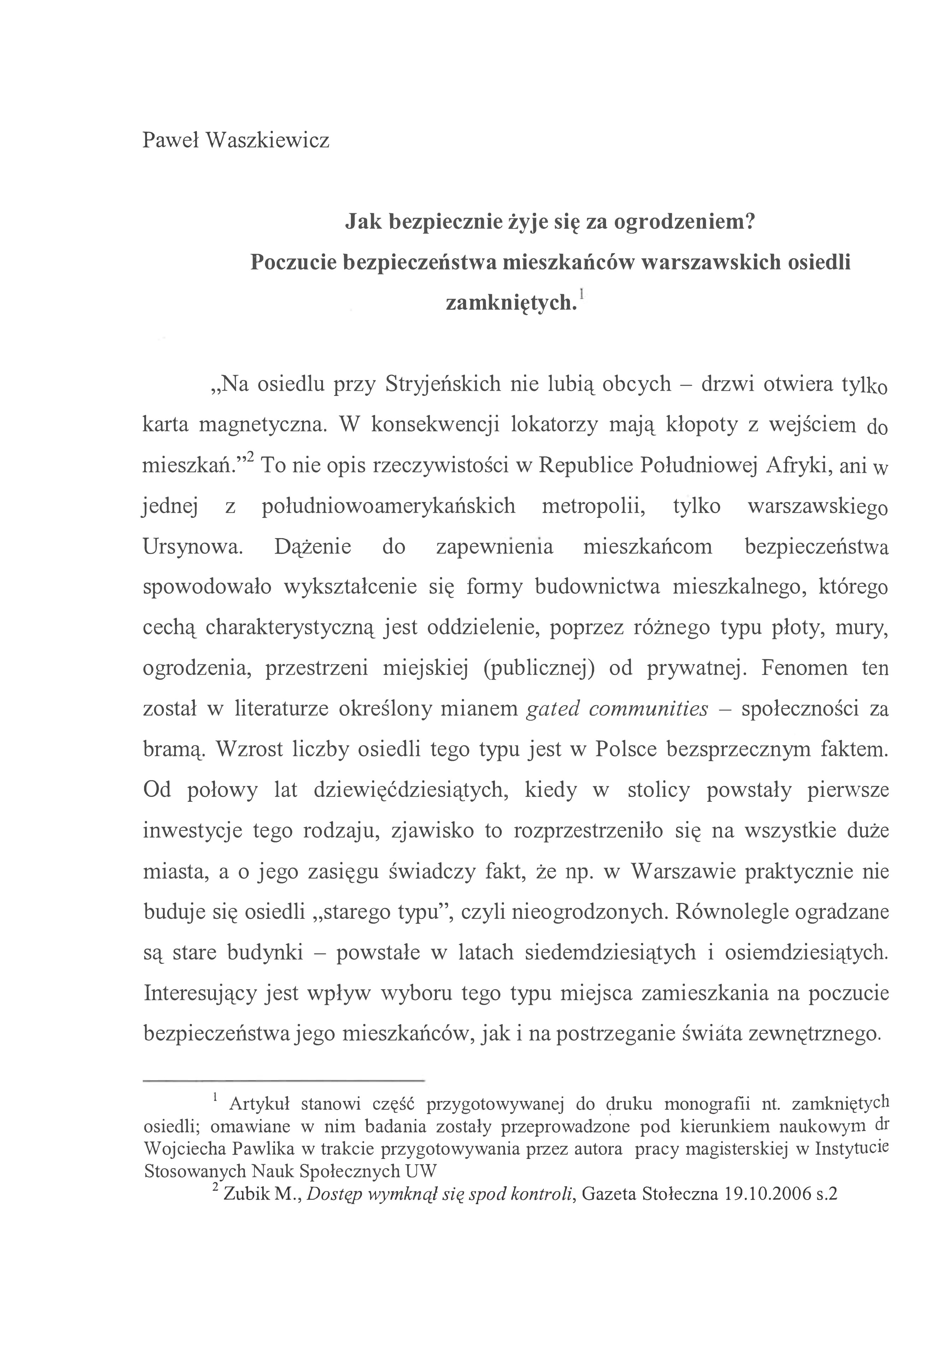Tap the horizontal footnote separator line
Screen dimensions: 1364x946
pyautogui.click(x=284, y=1080)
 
